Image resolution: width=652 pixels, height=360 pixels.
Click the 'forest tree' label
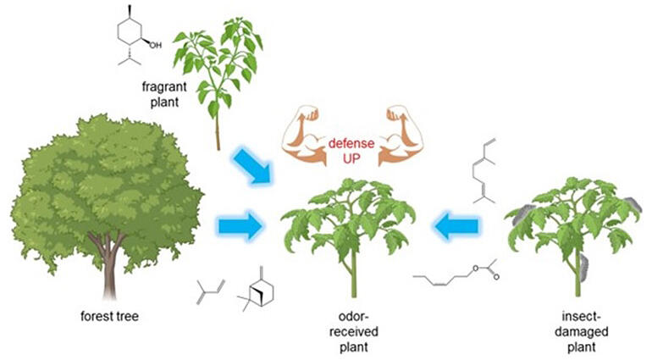pos(109,316)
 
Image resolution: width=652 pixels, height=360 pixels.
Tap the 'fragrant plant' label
pos(164,95)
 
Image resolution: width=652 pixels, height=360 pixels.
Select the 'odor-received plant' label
pos(353,332)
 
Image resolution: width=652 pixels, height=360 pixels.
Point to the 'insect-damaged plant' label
pos(582,332)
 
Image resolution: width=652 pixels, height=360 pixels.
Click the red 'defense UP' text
pos(351,151)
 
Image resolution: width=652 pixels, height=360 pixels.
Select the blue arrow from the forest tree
pos(240,226)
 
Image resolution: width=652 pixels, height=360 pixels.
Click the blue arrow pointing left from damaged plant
pos(456,226)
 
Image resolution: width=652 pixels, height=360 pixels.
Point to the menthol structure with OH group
pos(135,36)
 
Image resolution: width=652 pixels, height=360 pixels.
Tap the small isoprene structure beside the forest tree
pos(210,291)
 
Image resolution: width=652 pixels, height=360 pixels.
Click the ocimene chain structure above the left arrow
pos(484,171)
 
